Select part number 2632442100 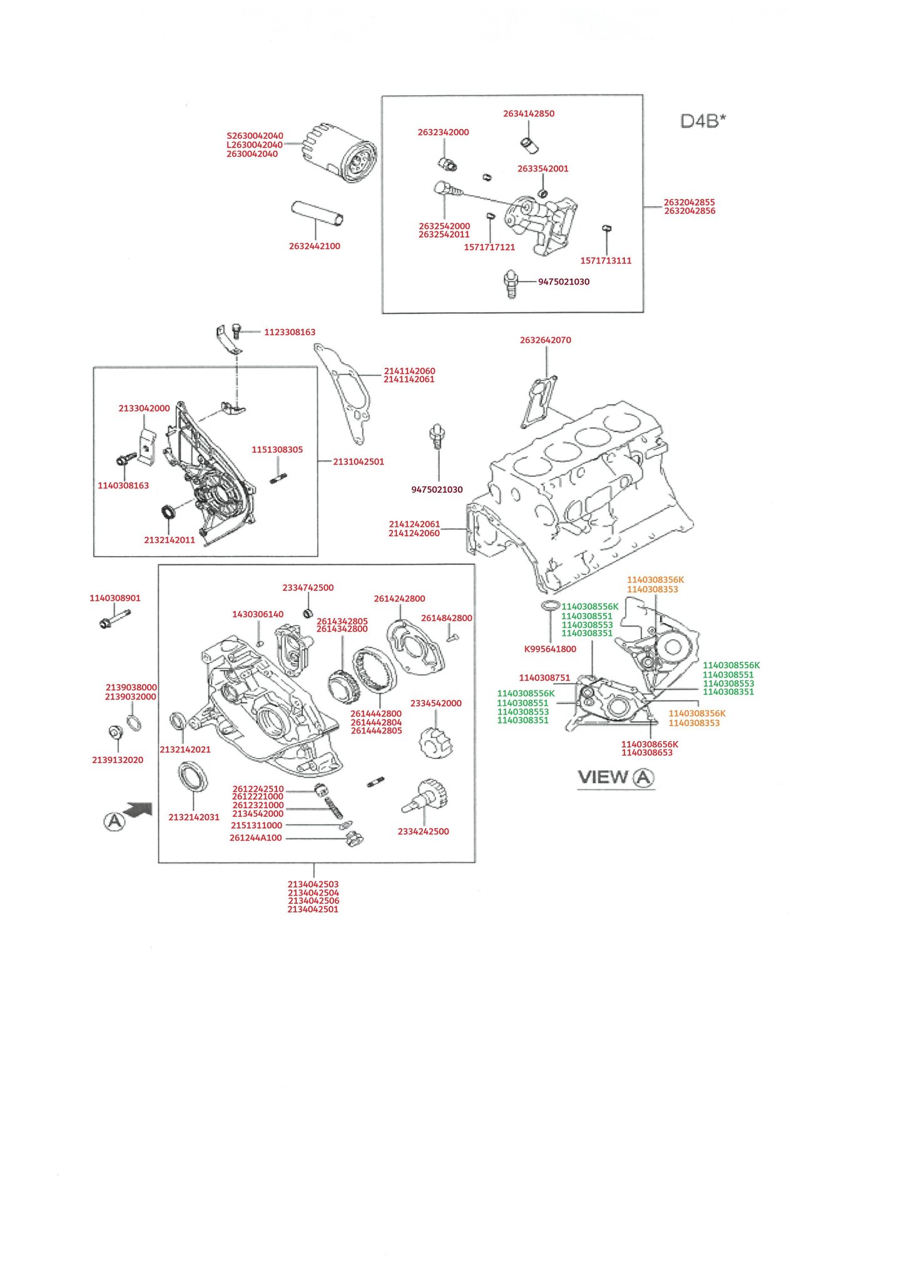click(x=314, y=246)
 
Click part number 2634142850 click(x=529, y=114)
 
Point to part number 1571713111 click(x=606, y=261)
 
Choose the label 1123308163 click(x=290, y=332)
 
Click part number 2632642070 click(x=545, y=340)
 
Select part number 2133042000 click(x=144, y=408)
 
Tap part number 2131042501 click(x=359, y=462)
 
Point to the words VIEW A click(x=616, y=777)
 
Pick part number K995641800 click(x=550, y=649)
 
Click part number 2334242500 click(x=423, y=831)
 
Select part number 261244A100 click(x=256, y=838)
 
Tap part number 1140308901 click(x=115, y=599)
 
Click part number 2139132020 click(x=118, y=760)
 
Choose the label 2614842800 click(x=447, y=618)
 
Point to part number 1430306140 click(x=258, y=614)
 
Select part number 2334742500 click(x=308, y=588)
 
